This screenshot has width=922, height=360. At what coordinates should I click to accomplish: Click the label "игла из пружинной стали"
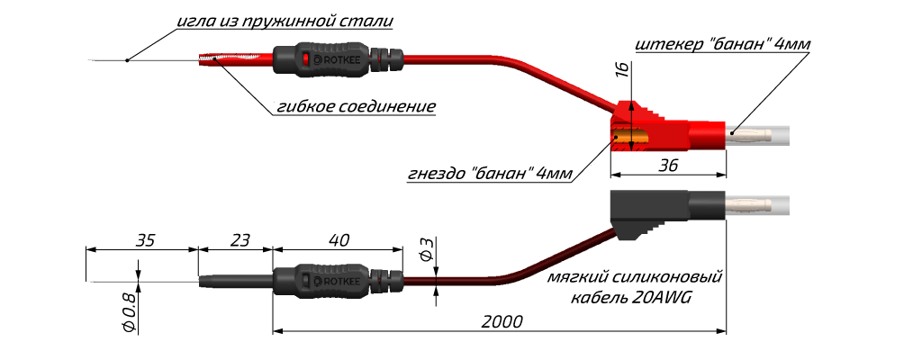284,20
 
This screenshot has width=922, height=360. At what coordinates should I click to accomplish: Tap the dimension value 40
339,240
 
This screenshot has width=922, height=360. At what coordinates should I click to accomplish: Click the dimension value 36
668,166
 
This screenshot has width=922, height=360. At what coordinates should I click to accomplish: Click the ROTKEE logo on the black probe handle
334,281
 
